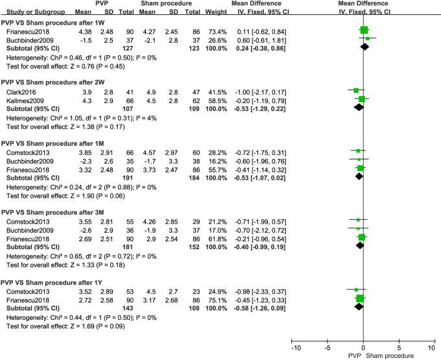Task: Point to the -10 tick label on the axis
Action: click(x=295, y=348)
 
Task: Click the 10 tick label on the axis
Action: click(x=432, y=348)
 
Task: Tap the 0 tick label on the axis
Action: click(x=363, y=348)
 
